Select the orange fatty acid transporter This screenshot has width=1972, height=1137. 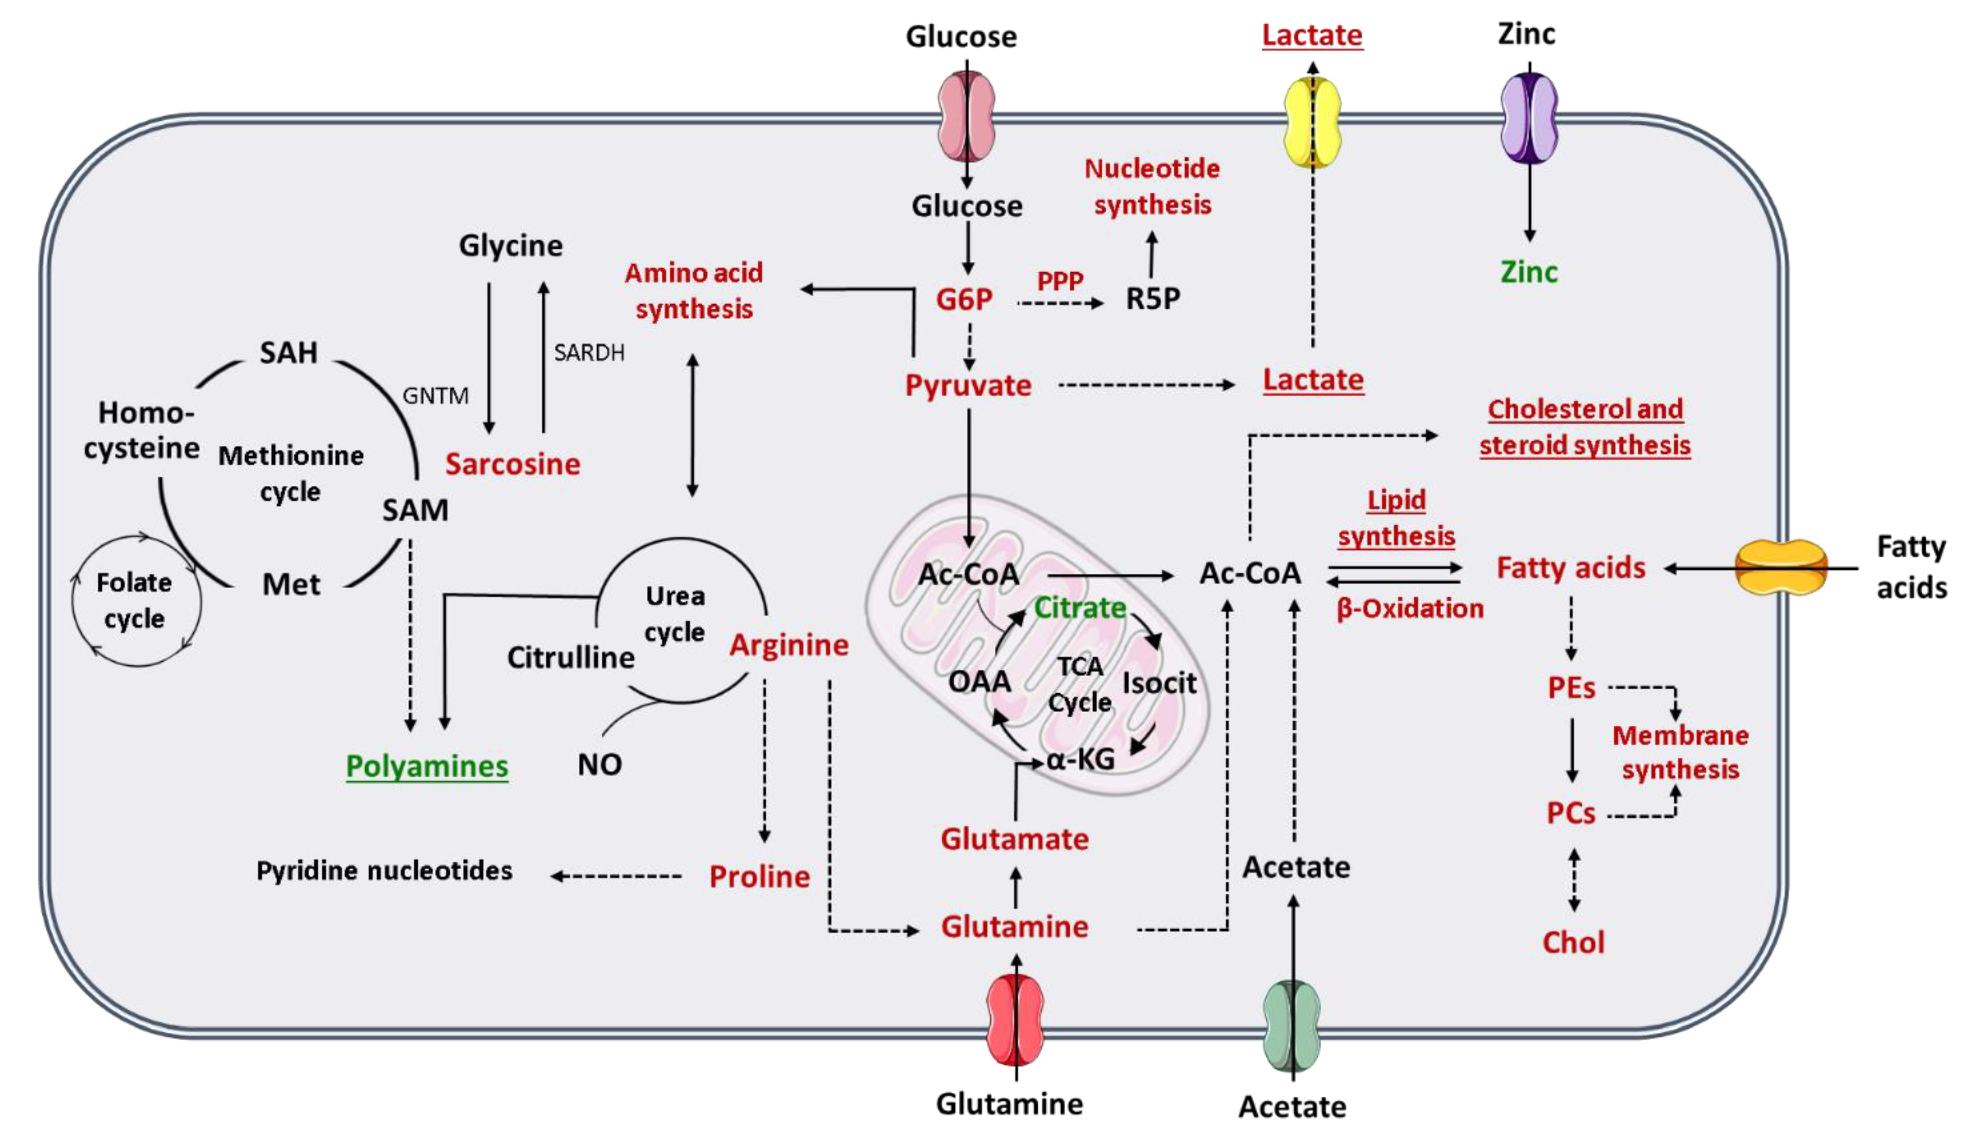pyautogui.click(x=1781, y=568)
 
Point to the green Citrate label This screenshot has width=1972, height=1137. pyautogui.click(x=1079, y=607)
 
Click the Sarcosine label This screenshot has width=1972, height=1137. pyautogui.click(x=512, y=464)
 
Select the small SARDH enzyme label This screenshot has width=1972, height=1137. pyautogui.click(x=589, y=353)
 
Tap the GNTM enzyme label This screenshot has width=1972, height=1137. pyautogui.click(x=435, y=396)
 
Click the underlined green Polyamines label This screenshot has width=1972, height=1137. pyautogui.click(x=427, y=766)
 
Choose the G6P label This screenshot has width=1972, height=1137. pyautogui.click(x=964, y=299)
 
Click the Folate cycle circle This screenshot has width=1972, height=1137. pyautogui.click(x=136, y=600)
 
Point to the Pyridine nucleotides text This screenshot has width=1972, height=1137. pyautogui.click(x=384, y=871)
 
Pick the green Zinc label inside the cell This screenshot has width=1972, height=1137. pyautogui.click(x=1528, y=272)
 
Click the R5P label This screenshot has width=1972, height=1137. pyautogui.click(x=1153, y=298)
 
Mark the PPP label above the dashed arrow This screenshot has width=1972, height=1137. pyautogui.click(x=1060, y=280)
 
